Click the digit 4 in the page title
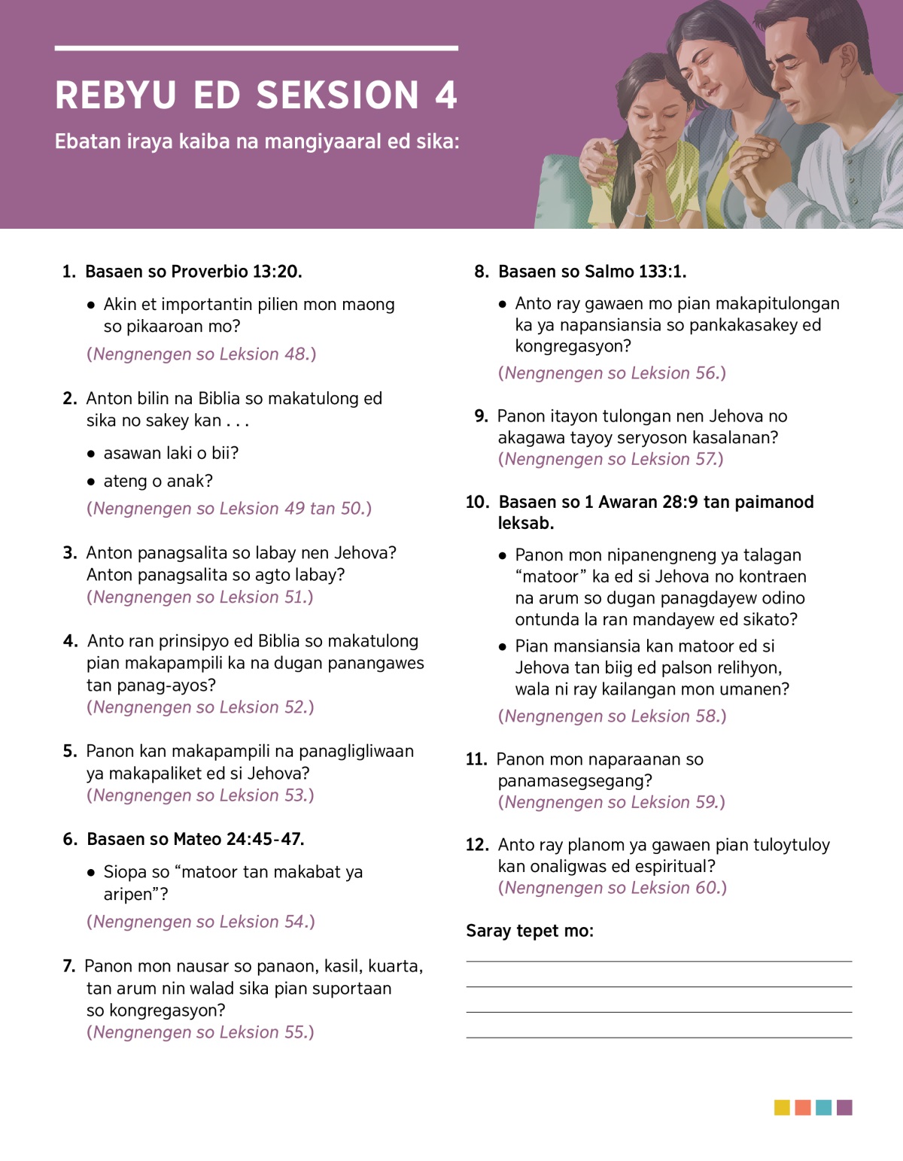(445, 96)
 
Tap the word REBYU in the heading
(116, 96)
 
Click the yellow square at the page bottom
(782, 1108)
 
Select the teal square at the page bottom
(823, 1108)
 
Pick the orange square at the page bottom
(803, 1108)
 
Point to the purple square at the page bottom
(844, 1108)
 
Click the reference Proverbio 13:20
(236, 272)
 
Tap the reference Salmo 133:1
(635, 272)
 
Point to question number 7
(68, 966)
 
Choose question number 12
(477, 845)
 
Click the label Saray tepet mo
(529, 931)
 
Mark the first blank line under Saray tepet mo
(658, 961)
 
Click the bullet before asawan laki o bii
(91, 454)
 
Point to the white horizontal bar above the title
(256, 48)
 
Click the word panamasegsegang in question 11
(574, 780)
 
